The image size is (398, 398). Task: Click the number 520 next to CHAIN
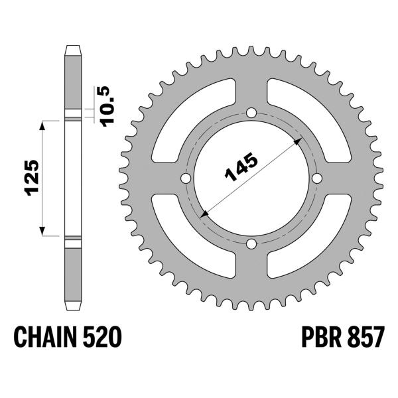[x=102, y=339]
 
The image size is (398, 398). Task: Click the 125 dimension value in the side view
[x=32, y=177]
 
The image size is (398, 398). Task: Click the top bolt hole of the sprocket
[x=251, y=113]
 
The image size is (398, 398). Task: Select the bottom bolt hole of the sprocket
[x=251, y=245]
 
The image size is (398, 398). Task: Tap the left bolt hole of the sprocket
[x=186, y=179]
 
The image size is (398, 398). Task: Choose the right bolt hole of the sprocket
[x=316, y=179]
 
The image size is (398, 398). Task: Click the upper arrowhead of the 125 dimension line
[x=44, y=125]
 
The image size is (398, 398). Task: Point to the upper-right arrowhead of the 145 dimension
[x=296, y=142]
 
